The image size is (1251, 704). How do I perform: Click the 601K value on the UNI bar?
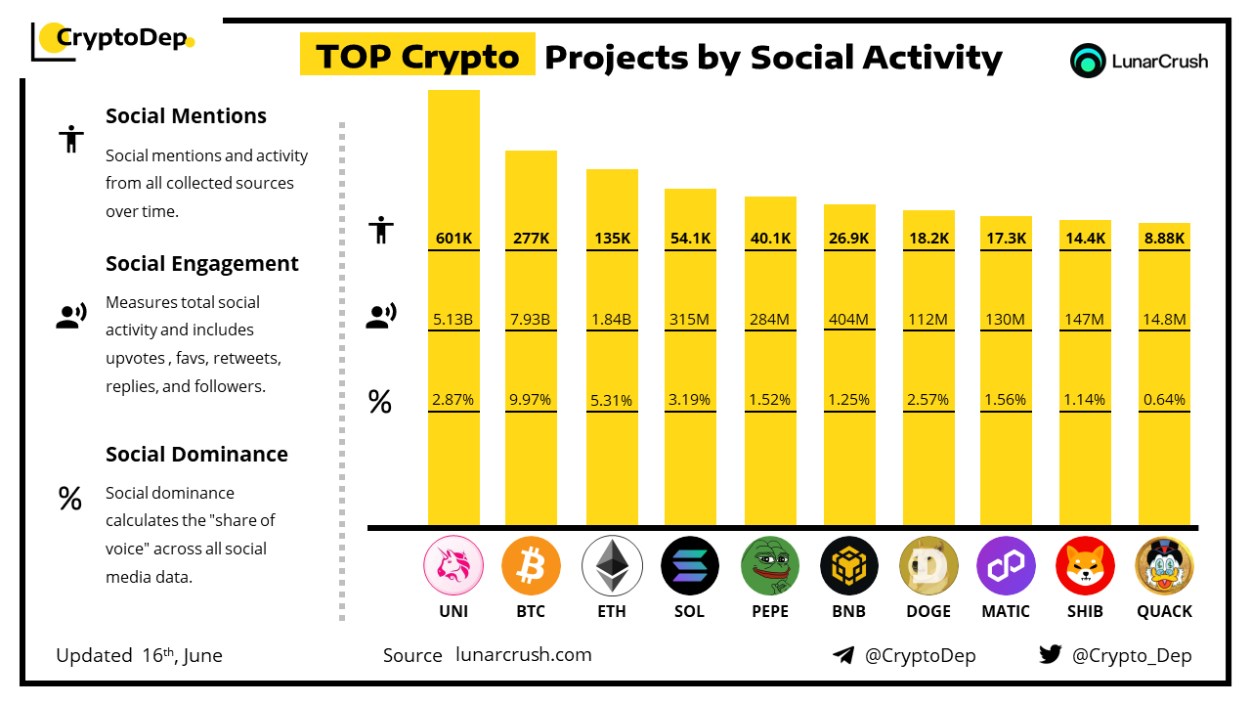click(x=453, y=238)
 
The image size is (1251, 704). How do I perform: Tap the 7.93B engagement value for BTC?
click(x=531, y=319)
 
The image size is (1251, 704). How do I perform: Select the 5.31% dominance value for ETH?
click(x=612, y=400)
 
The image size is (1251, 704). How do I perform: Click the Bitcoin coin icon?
click(x=531, y=566)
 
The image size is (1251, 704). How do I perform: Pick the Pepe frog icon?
click(x=770, y=566)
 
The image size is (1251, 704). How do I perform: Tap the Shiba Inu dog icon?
click(x=1085, y=566)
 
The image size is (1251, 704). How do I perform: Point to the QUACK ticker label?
click(x=1164, y=611)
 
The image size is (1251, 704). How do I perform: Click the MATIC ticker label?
click(x=1006, y=611)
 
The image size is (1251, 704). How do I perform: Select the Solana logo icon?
click(x=690, y=566)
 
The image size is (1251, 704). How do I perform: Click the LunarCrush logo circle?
click(x=1087, y=61)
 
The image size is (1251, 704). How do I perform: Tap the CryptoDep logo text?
click(x=120, y=39)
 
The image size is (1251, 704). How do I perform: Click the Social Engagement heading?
click(x=202, y=264)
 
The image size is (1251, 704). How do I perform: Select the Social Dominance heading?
click(x=196, y=455)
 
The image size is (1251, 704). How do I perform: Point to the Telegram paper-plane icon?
click(x=843, y=655)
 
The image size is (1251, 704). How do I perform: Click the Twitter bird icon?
click(x=1051, y=655)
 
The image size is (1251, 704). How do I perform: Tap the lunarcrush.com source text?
click(x=524, y=655)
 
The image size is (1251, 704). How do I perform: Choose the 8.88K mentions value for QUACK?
click(x=1164, y=238)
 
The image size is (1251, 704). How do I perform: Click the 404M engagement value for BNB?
click(x=848, y=319)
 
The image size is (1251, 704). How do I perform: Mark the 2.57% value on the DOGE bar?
click(x=927, y=400)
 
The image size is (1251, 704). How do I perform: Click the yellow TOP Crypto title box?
click(x=417, y=57)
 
